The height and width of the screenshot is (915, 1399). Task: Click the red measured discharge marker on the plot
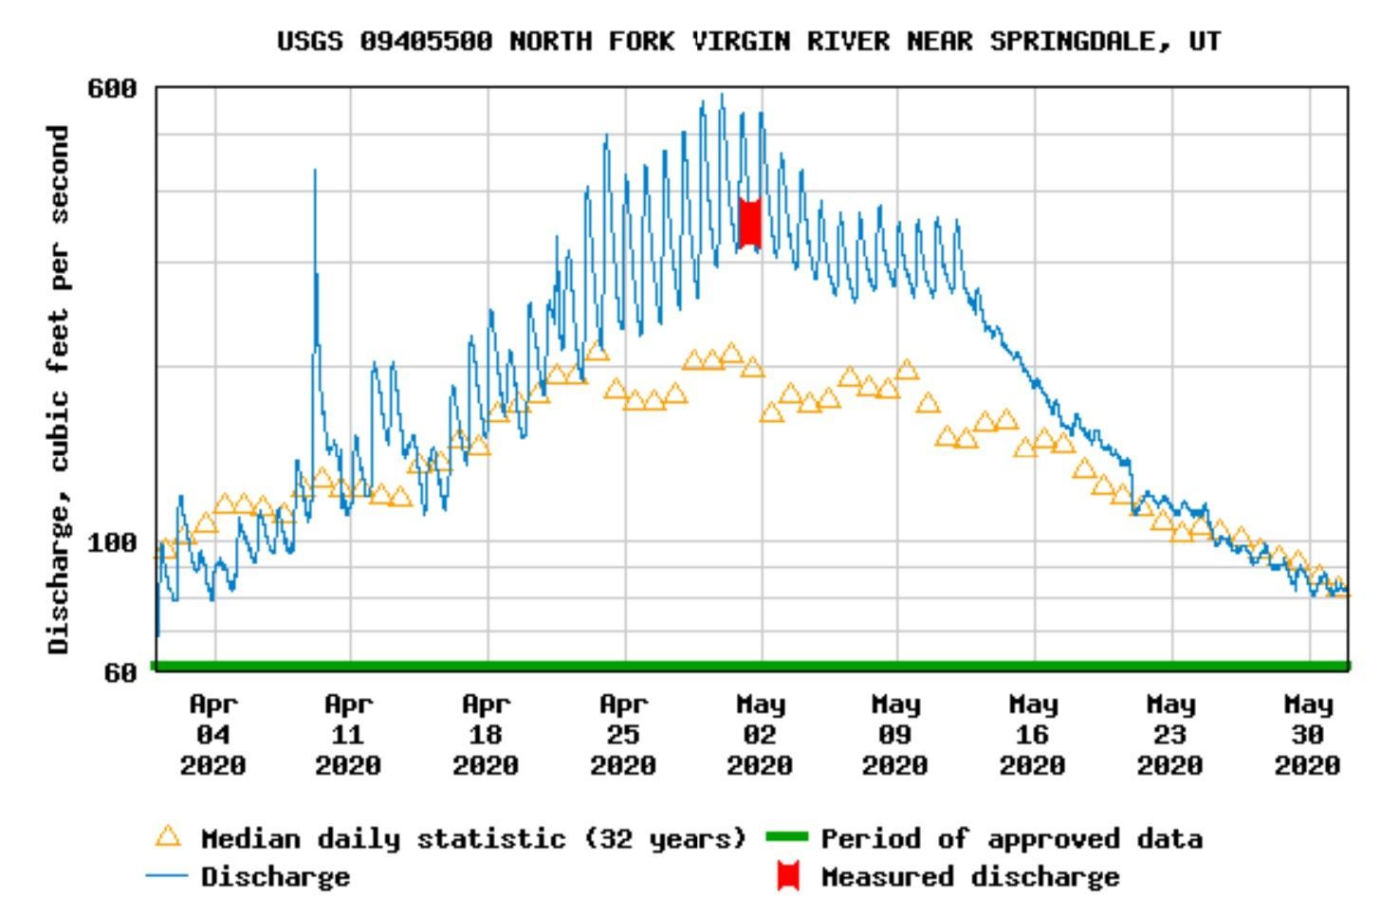[749, 224]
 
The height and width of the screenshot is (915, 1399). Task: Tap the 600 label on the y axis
[112, 89]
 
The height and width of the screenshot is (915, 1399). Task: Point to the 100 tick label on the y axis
[112, 543]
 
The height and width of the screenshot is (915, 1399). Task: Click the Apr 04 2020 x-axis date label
[213, 735]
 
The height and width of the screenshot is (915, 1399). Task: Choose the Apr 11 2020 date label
[349, 735]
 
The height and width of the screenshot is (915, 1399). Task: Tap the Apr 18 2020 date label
[486, 735]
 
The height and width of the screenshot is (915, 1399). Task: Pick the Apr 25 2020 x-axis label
[623, 735]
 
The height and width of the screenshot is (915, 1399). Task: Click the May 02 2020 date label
[760, 735]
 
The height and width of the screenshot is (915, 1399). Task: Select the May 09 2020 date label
[895, 735]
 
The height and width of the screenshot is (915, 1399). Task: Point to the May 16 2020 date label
[1032, 735]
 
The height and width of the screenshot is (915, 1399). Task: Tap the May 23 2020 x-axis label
[1169, 735]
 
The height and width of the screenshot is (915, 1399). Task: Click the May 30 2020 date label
[1307, 735]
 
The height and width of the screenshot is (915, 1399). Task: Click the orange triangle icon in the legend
[168, 836]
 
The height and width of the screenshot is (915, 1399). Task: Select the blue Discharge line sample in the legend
[167, 876]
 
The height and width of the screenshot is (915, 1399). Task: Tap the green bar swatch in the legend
[786, 837]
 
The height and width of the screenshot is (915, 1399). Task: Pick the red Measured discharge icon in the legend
[787, 876]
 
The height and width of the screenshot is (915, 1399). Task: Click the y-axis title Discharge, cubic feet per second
[59, 389]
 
